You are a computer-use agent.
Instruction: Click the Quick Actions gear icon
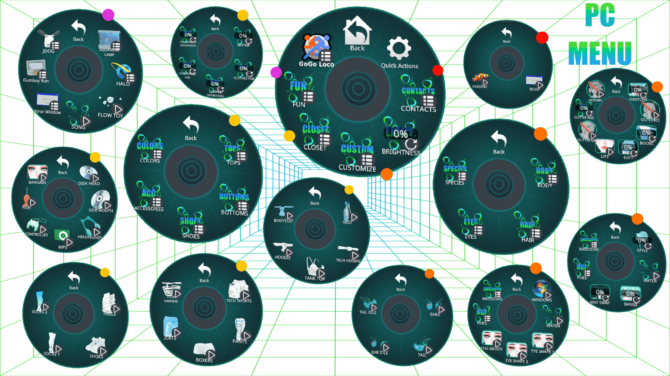click(399, 49)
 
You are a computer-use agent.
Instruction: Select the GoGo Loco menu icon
click(317, 47)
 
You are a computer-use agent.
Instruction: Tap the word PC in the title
click(600, 16)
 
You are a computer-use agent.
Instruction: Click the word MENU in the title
click(600, 53)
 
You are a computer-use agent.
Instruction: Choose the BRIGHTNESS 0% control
click(401, 134)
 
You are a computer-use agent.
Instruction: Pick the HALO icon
click(122, 72)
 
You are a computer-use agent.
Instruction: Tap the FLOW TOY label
click(110, 115)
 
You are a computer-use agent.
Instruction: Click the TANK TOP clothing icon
click(314, 268)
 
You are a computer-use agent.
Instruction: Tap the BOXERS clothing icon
click(204, 351)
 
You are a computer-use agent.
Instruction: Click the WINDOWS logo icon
click(541, 289)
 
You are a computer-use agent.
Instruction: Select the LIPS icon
click(605, 146)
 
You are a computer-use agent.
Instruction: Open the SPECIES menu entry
click(455, 170)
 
